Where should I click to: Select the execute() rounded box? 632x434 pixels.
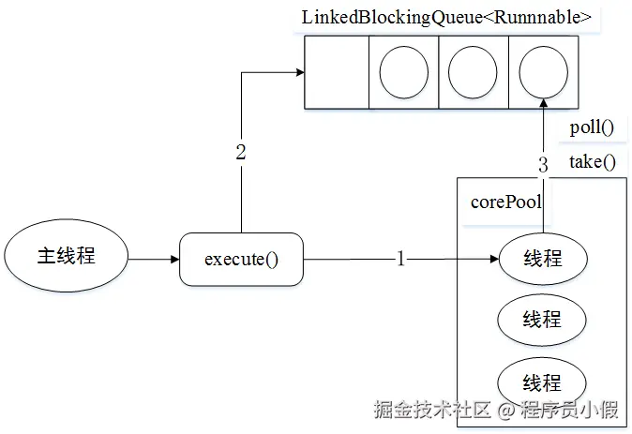241,259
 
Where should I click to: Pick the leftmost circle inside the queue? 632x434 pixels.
403,72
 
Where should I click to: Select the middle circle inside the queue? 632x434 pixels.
473,72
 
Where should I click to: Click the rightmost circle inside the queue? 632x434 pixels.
542,72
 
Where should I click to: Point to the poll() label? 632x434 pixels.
592,128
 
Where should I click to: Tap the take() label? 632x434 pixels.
593,161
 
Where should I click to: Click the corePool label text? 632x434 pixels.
506,202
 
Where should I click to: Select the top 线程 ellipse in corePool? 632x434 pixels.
542,258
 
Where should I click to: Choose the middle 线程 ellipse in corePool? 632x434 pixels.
542,320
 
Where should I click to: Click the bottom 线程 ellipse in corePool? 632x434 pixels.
542,382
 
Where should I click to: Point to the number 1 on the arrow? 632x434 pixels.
400,259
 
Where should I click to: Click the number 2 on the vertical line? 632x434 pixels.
241,153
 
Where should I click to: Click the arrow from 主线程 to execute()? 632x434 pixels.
154,258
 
